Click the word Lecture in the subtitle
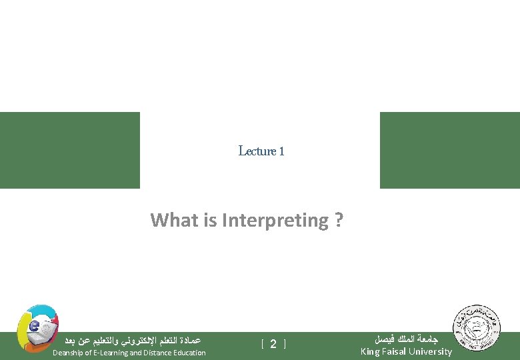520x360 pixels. tap(257, 151)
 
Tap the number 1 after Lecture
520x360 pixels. tap(282, 151)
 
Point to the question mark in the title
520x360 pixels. tap(340, 220)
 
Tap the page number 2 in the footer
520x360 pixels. tap(273, 344)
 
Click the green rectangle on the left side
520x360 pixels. tap(70, 150)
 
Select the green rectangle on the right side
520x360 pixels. tap(449, 150)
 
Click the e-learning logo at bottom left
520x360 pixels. tap(37, 327)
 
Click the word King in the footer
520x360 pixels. tap(371, 351)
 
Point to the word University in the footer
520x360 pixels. tap(431, 351)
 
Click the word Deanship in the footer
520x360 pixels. tap(68, 353)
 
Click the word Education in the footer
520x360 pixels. tap(190, 353)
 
